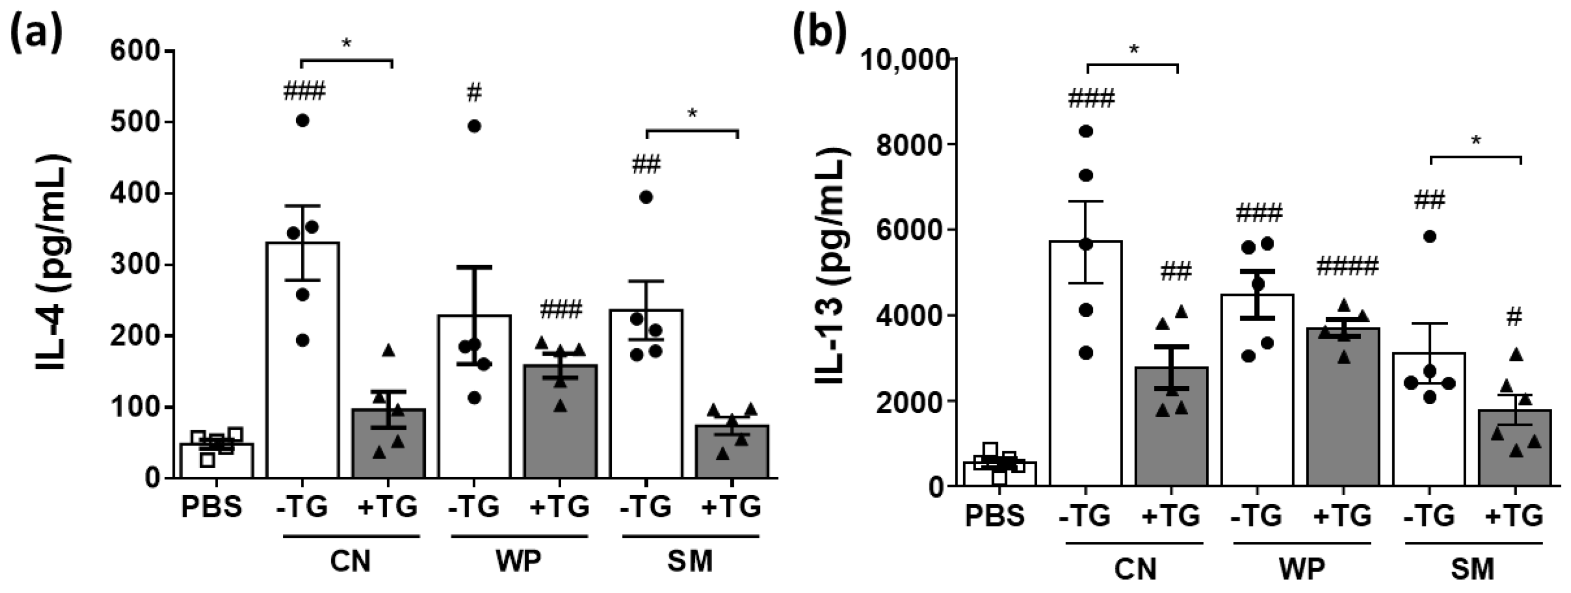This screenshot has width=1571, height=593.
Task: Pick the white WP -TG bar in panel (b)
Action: pyautogui.click(x=1257, y=390)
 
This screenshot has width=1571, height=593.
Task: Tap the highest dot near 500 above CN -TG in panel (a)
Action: pyautogui.click(x=302, y=121)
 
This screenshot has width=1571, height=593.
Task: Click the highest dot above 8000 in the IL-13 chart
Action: pyautogui.click(x=1085, y=131)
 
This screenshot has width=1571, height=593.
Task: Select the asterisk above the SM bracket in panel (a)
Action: pyautogui.click(x=692, y=113)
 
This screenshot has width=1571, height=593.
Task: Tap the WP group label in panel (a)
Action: pyautogui.click(x=518, y=561)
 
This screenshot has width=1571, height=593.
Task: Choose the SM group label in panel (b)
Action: pyautogui.click(x=1471, y=569)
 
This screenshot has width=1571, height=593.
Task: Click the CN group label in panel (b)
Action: pyautogui.click(x=1135, y=569)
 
